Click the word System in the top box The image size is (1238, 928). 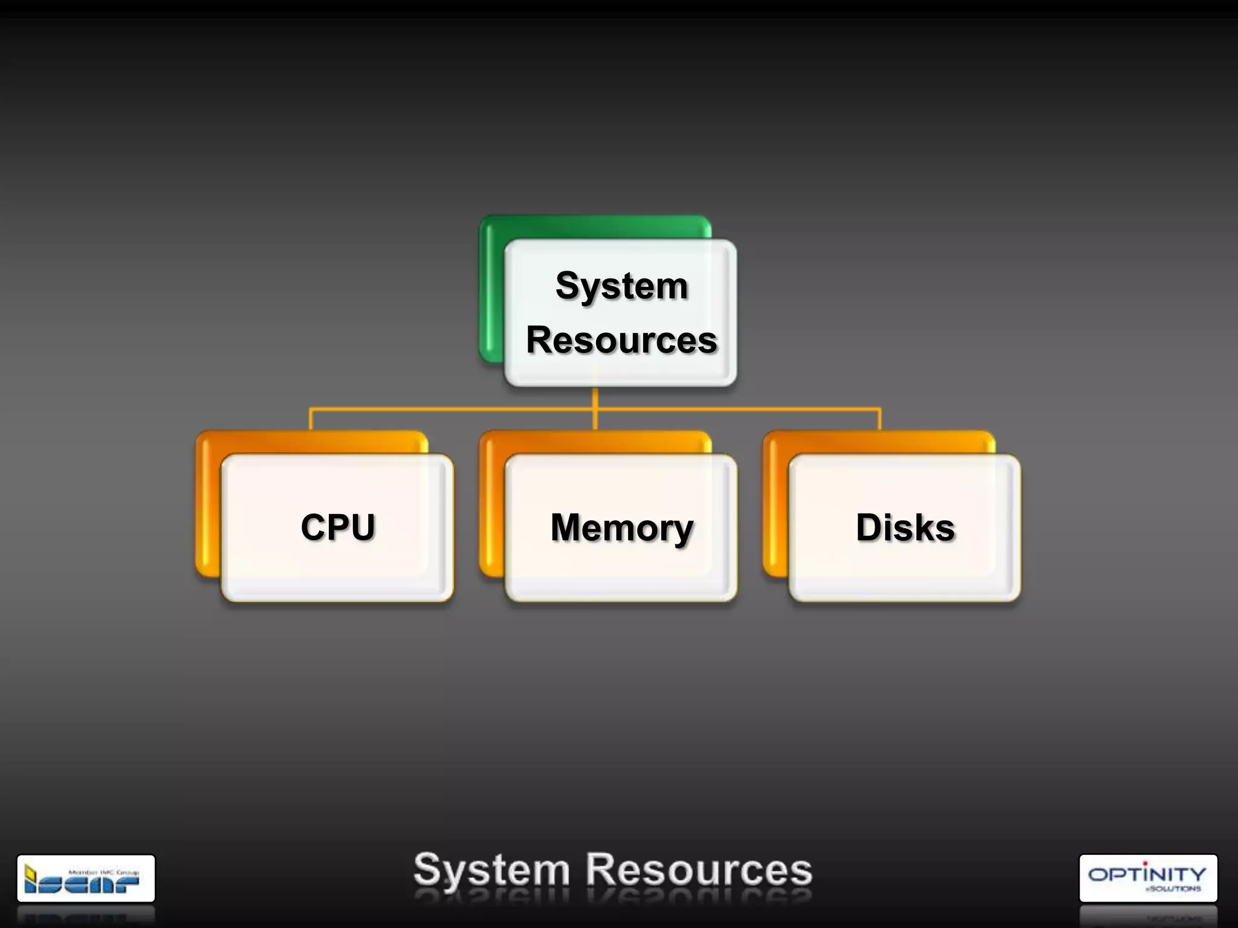621,286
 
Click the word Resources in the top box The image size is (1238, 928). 621,340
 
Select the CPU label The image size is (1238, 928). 338,527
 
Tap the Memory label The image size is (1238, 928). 621,528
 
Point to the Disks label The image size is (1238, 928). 905,527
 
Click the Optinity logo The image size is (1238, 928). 1147,878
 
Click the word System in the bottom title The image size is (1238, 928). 491,871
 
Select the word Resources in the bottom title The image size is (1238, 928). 699,871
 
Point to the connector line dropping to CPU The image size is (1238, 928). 311,419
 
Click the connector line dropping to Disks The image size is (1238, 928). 880,419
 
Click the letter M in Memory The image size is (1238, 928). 569,527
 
